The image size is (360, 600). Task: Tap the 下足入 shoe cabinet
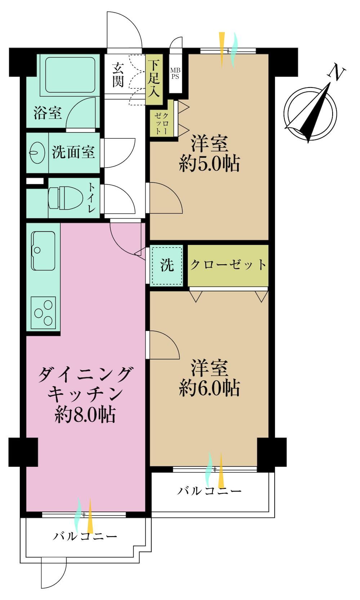[x=154, y=79]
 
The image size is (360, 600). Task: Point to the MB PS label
[x=175, y=73]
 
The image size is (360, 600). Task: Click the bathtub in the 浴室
[x=70, y=75]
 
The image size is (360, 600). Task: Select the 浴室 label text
[x=48, y=113]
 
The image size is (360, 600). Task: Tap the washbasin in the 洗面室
[x=37, y=152]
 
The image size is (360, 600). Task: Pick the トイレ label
[x=92, y=198]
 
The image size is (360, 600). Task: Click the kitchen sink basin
[x=43, y=251]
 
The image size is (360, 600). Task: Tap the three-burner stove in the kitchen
[x=43, y=313]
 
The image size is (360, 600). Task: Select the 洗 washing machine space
[x=167, y=265]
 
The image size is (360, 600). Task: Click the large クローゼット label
[x=228, y=265]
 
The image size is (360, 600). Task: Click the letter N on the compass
[x=337, y=72]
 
